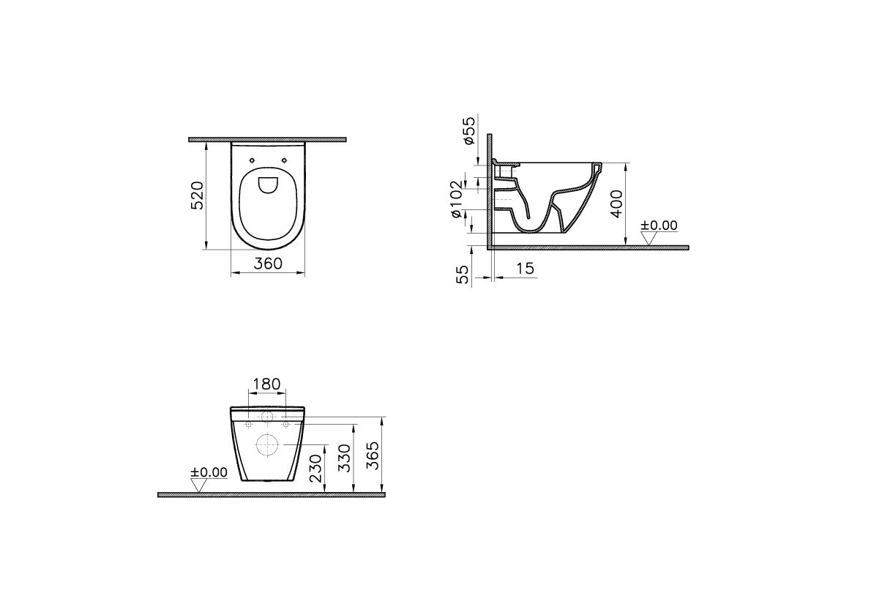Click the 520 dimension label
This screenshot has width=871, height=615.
(197, 195)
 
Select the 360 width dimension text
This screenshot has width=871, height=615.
(267, 264)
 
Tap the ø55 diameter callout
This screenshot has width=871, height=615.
(469, 131)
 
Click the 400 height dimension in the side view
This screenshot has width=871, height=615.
(616, 203)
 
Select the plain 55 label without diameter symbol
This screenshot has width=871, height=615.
(462, 275)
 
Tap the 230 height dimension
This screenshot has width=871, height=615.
(315, 467)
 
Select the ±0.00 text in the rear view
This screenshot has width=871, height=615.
(209, 472)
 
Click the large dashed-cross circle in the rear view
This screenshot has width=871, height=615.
(267, 444)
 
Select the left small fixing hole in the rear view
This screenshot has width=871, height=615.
(249, 424)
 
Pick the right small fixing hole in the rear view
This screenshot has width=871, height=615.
(285, 424)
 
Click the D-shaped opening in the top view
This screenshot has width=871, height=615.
(268, 185)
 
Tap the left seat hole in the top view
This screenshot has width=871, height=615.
(252, 160)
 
